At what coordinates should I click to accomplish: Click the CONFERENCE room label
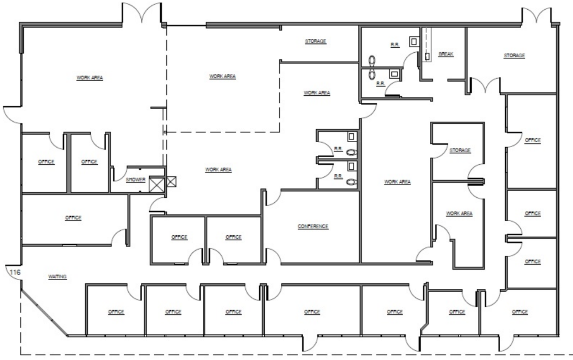(x=313, y=226)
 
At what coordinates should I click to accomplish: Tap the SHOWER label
(x=136, y=180)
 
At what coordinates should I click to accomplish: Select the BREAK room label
(x=446, y=54)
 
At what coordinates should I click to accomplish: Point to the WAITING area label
(x=58, y=277)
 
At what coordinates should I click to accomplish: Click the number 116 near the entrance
(x=15, y=272)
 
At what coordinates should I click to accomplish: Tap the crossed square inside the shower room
(x=157, y=184)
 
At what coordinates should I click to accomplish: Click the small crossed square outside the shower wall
(x=171, y=182)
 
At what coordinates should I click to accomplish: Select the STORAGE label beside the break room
(x=514, y=56)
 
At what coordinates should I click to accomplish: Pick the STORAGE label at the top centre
(x=316, y=41)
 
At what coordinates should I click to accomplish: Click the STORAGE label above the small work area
(x=460, y=150)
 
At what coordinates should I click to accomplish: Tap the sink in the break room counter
(x=427, y=57)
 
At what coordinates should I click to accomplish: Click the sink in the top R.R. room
(x=414, y=42)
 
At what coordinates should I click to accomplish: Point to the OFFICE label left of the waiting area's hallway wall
(x=73, y=218)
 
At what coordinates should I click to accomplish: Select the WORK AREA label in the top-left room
(x=90, y=78)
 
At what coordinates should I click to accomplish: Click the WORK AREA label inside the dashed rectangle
(x=222, y=76)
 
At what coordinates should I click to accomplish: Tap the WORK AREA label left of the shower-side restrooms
(x=218, y=170)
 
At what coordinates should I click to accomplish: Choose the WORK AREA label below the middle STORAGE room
(x=459, y=213)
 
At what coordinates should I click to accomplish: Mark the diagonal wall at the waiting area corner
(x=44, y=313)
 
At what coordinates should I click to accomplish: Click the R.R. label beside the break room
(x=395, y=45)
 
